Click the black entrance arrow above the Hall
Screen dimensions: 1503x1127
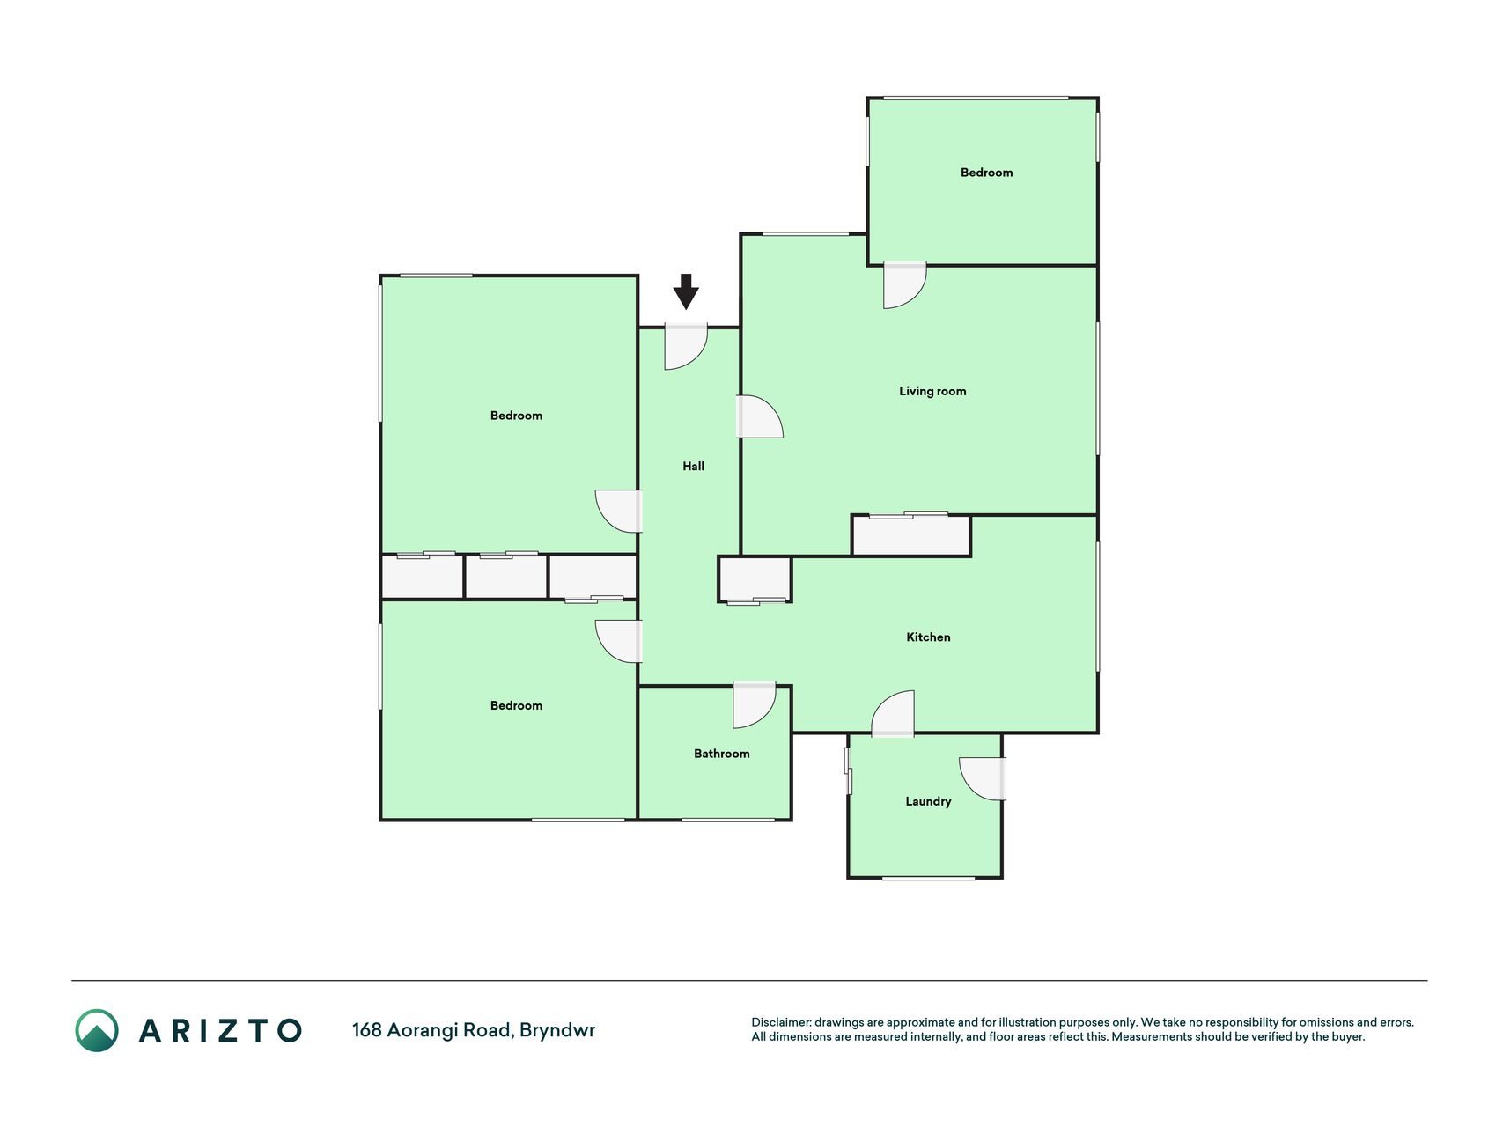(x=686, y=291)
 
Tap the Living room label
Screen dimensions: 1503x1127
(x=932, y=392)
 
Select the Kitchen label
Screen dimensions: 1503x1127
(x=928, y=637)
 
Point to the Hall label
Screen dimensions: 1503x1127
(x=693, y=467)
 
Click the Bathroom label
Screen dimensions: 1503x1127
(x=721, y=754)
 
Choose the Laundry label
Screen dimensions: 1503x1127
(x=928, y=802)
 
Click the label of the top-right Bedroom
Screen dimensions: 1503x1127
(x=986, y=173)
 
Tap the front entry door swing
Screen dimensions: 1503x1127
(x=686, y=347)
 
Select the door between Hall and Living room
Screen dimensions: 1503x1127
(x=759, y=417)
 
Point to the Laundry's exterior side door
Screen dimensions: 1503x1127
(x=983, y=778)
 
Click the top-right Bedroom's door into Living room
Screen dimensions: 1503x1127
(x=905, y=285)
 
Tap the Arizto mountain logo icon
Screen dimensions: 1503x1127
(x=97, y=1030)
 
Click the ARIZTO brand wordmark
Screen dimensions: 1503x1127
(x=220, y=1031)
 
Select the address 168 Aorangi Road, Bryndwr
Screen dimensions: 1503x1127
(x=474, y=1030)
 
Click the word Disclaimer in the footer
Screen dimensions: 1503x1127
(x=781, y=1023)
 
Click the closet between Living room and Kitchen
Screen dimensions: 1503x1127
(x=911, y=535)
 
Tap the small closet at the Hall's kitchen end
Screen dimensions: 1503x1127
(x=755, y=578)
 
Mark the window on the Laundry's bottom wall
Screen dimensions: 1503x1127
(x=928, y=878)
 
